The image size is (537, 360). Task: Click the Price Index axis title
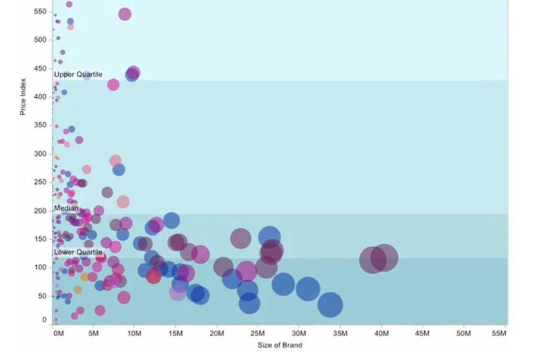(x=22, y=97)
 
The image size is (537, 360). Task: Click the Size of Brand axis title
(x=279, y=345)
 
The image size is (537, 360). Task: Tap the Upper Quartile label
(x=78, y=74)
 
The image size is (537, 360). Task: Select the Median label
(x=66, y=208)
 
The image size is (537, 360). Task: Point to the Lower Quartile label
(x=78, y=252)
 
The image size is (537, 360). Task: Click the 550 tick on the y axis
(x=40, y=11)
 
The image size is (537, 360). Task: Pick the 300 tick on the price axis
(x=40, y=153)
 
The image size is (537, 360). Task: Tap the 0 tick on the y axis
(x=44, y=320)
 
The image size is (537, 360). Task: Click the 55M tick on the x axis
(x=499, y=334)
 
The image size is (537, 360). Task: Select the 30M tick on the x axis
(x=299, y=334)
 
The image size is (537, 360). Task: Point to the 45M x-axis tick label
(x=422, y=334)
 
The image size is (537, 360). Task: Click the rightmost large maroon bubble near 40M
(x=384, y=257)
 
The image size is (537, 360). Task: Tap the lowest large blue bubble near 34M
(x=330, y=305)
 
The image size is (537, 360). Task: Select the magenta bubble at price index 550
(x=125, y=14)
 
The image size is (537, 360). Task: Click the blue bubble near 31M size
(x=308, y=289)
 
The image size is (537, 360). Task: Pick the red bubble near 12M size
(x=153, y=276)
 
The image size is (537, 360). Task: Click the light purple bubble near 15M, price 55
(x=178, y=293)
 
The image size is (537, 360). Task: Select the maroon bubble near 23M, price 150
(x=240, y=239)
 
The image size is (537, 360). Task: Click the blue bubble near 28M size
(x=283, y=284)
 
